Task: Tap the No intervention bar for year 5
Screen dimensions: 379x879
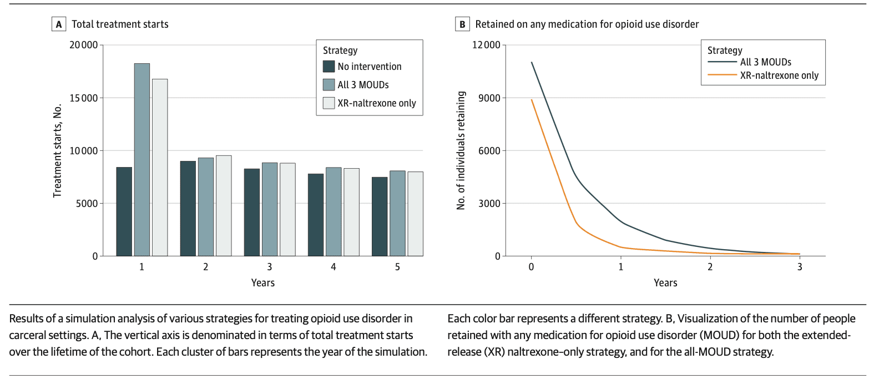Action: tap(380, 216)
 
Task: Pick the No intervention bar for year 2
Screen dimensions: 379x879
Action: tap(188, 209)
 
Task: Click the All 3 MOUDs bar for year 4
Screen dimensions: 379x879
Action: tap(334, 211)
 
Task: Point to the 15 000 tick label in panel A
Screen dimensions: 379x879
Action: tap(83, 98)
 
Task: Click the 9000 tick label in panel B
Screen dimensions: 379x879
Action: tap(489, 98)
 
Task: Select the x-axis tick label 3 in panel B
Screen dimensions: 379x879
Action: tap(800, 267)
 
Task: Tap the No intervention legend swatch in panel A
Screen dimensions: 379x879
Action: tap(329, 67)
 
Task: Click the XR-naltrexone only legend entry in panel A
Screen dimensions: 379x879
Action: tap(376, 103)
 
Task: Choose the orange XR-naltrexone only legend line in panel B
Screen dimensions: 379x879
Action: tap(722, 75)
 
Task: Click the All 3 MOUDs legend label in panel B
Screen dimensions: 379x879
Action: tap(766, 62)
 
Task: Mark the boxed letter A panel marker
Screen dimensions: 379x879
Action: tap(59, 24)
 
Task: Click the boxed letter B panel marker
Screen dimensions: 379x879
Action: tap(462, 24)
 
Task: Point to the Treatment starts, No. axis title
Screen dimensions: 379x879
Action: tap(57, 150)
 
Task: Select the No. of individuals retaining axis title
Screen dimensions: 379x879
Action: tap(461, 150)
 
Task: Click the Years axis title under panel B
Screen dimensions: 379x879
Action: tap(665, 283)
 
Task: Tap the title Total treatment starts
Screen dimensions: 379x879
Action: tap(120, 24)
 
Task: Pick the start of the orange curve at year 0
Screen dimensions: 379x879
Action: tap(532, 100)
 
